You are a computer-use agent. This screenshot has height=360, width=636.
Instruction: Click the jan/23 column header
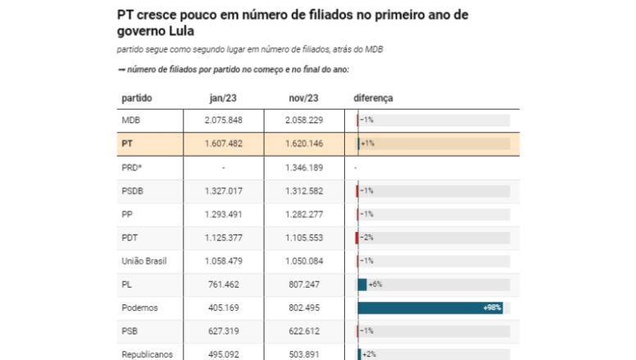click(223, 98)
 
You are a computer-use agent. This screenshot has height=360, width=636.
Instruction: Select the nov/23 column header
click(303, 98)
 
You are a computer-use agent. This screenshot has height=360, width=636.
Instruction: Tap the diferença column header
click(373, 98)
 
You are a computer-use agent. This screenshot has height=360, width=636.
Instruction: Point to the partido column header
click(137, 98)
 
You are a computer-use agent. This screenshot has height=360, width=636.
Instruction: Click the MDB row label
click(130, 120)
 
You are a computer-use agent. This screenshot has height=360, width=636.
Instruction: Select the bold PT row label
click(127, 144)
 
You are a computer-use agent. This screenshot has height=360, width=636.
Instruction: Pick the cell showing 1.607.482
click(224, 144)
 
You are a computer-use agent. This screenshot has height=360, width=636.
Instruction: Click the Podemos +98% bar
click(430, 308)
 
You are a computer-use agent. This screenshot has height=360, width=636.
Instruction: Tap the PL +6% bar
click(362, 285)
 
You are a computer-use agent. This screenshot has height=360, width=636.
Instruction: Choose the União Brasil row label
click(144, 261)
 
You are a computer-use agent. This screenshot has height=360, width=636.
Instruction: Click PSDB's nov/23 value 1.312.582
click(304, 191)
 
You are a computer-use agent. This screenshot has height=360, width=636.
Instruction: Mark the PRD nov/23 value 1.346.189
click(304, 167)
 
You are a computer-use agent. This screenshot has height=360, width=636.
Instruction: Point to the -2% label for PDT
click(366, 238)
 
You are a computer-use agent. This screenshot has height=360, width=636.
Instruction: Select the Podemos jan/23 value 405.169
click(224, 308)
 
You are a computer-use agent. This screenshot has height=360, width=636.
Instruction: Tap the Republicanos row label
click(148, 354)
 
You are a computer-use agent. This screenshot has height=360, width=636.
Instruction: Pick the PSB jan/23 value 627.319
click(224, 331)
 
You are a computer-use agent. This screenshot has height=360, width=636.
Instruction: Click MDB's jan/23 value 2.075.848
click(224, 120)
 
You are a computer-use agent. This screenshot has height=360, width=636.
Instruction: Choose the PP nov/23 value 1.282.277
click(304, 214)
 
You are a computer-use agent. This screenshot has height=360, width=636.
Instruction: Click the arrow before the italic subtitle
click(120, 70)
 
